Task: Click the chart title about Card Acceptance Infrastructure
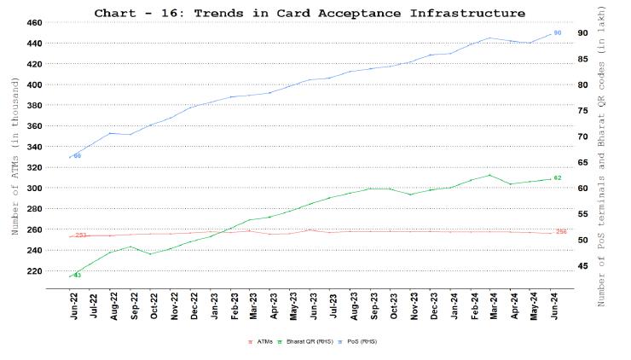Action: click(310, 13)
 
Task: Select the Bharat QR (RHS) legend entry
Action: click(304, 341)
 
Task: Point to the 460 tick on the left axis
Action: click(33, 22)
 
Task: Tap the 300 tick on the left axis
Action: click(33, 188)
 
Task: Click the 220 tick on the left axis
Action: click(33, 270)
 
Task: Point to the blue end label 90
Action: click(558, 32)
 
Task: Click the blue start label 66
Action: click(78, 156)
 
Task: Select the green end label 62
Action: click(558, 177)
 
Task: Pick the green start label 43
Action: click(77, 275)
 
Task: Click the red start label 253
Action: click(81, 235)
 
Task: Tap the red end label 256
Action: click(561, 232)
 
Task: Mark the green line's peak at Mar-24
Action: click(489, 175)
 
